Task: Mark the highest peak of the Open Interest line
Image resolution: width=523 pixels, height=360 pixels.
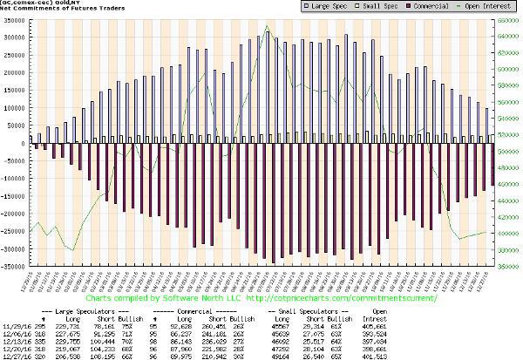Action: point(266,26)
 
